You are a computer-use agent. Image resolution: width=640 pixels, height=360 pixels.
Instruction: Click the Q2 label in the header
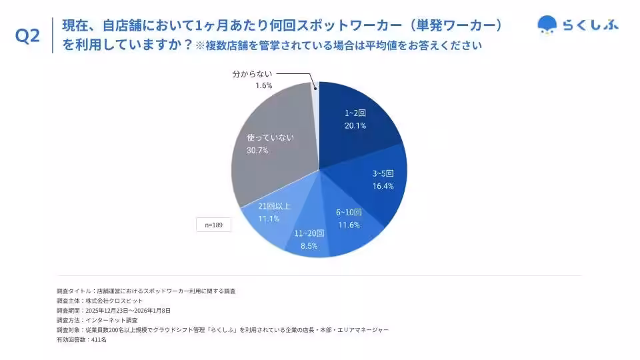27,36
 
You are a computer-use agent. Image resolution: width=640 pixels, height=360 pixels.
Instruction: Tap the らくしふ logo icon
547,25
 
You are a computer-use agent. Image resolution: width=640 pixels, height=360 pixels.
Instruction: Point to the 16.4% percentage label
383,186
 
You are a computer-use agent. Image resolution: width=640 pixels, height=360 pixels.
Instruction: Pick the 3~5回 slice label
383,174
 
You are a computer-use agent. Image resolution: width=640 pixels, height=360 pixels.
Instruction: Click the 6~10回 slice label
349,213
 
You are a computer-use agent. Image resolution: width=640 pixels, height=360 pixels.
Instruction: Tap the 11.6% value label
349,225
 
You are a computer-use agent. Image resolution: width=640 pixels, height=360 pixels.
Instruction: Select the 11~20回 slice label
309,233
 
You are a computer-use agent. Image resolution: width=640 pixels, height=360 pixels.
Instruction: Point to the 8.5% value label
309,245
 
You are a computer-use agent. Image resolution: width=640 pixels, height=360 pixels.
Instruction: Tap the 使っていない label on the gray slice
271,137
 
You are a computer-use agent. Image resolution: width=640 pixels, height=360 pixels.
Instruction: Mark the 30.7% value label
257,150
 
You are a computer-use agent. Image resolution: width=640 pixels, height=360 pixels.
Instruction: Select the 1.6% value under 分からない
263,86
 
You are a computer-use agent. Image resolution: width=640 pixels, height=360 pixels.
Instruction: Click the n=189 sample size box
213,225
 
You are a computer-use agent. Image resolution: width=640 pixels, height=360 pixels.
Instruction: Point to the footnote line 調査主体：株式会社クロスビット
100,301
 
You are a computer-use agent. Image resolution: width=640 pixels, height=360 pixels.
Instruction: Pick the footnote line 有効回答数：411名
82,339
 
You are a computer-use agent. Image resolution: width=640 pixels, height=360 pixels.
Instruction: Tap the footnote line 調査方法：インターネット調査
97,320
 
